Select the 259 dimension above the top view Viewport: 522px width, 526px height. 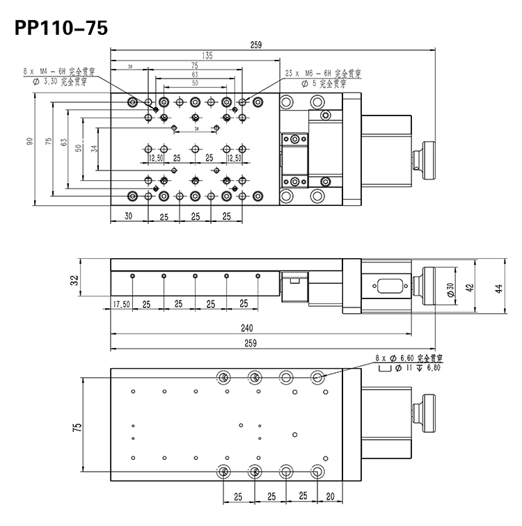[x=255, y=45]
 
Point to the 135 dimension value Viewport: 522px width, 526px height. [x=207, y=56]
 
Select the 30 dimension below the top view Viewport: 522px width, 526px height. [x=128, y=216]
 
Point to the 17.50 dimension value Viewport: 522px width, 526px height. [x=121, y=304]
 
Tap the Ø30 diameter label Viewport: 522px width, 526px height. [x=451, y=289]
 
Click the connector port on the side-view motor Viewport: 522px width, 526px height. [x=386, y=285]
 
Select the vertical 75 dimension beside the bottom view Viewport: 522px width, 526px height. [x=77, y=425]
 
